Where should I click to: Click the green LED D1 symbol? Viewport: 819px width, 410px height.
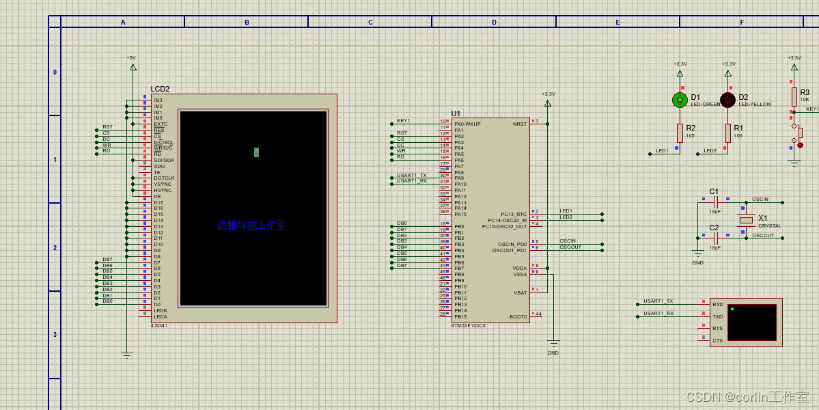(680, 100)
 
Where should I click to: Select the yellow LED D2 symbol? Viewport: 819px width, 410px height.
(728, 100)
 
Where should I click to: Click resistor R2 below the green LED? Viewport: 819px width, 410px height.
(680, 133)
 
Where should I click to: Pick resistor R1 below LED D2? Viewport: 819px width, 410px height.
(728, 133)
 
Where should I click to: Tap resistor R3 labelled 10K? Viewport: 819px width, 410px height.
(794, 96)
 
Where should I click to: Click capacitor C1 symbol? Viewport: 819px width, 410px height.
(716, 202)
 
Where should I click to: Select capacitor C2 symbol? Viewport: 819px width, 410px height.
(716, 237)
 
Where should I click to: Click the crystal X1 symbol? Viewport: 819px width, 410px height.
(746, 220)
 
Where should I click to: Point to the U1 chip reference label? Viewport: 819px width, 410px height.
(456, 113)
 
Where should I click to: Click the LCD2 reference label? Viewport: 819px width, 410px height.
(160, 90)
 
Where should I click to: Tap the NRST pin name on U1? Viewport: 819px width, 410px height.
(520, 124)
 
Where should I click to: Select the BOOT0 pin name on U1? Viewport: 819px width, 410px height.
(518, 316)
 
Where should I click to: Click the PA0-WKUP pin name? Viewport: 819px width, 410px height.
(467, 124)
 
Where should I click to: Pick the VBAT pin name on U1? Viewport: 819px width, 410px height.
(520, 292)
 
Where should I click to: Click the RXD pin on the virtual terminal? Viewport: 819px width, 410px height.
(717, 305)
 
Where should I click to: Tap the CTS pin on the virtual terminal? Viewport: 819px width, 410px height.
(717, 340)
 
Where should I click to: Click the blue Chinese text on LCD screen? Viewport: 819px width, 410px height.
(250, 225)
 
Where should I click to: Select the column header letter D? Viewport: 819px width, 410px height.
(494, 23)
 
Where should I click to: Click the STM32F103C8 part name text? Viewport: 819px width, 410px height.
(468, 325)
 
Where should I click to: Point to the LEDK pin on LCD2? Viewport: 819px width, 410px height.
(161, 310)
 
